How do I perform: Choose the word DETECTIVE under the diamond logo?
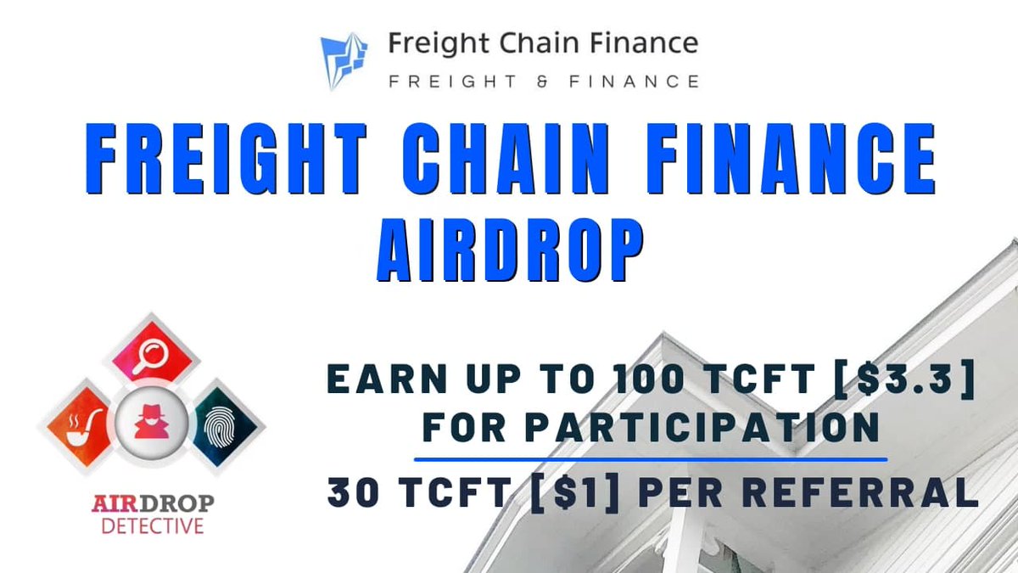pyautogui.click(x=153, y=525)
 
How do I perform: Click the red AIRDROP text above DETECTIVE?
pyautogui.click(x=153, y=504)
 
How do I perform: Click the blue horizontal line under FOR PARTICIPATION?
pyautogui.click(x=651, y=458)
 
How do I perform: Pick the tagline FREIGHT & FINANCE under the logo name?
pyautogui.click(x=544, y=81)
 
